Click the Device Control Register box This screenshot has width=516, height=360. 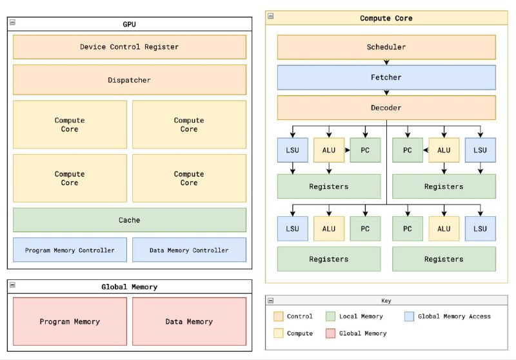(129, 46)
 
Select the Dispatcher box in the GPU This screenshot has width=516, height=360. (129, 80)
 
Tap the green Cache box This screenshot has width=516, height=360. (129, 220)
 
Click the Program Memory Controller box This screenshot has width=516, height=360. (70, 250)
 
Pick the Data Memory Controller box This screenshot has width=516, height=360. (189, 250)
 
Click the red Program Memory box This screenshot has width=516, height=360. (70, 321)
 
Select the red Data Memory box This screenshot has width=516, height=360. (189, 321)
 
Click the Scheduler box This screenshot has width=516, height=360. (386, 47)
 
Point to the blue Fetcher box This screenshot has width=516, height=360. (386, 77)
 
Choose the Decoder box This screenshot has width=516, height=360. (386, 108)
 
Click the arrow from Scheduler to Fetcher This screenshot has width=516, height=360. (386, 62)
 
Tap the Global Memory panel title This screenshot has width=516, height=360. (129, 287)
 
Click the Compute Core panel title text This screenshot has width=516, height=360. (386, 18)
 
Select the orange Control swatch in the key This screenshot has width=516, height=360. (278, 316)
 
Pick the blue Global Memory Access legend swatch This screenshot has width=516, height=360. (408, 316)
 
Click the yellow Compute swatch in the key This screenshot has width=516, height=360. (278, 334)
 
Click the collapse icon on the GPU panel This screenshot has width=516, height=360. (12, 23)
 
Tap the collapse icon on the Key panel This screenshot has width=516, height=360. (270, 300)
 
